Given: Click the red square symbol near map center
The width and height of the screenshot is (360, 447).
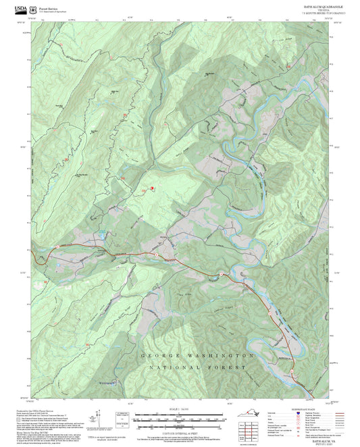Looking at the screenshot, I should tap(152, 188).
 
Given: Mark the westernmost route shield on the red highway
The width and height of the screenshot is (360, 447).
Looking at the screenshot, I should tap(58, 247).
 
